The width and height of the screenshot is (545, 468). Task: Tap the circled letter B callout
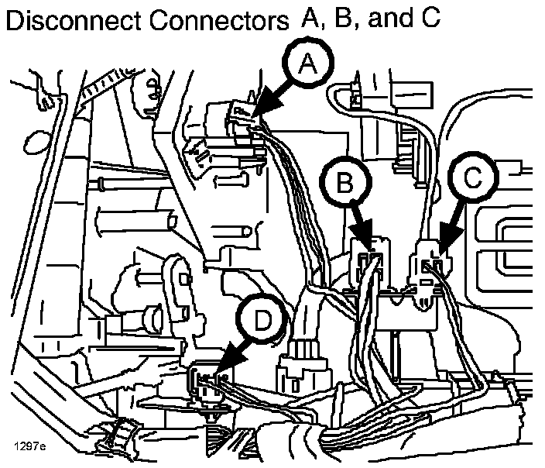coord(345,181)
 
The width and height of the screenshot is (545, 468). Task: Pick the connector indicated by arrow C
coord(430,260)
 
